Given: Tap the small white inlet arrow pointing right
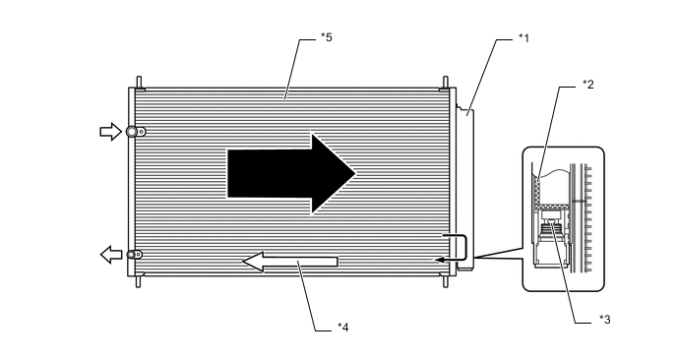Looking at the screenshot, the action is (x=109, y=132).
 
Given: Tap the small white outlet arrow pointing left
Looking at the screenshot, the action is (x=109, y=255).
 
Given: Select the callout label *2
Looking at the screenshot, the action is (x=587, y=85).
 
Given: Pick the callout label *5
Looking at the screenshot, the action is (x=327, y=38).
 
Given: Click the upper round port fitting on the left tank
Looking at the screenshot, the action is (x=139, y=132).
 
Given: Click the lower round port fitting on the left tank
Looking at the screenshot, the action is (x=138, y=255).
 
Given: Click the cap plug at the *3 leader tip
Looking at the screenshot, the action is (x=552, y=232).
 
